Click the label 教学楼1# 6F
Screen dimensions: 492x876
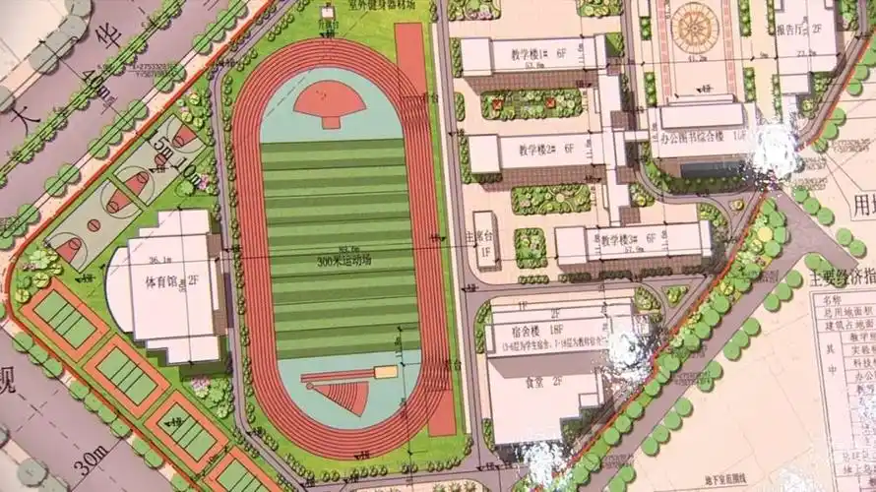coord(528,53)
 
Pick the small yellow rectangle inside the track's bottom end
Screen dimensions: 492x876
coord(384,372)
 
